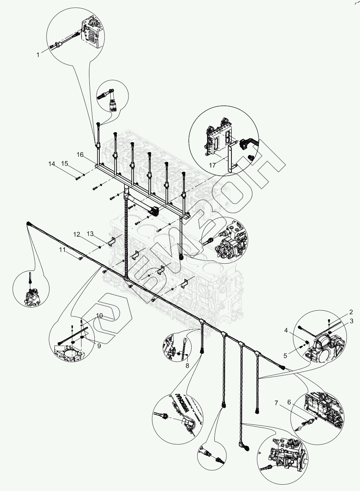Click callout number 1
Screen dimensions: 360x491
click(x=38, y=55)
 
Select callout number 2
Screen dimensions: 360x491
click(x=351, y=312)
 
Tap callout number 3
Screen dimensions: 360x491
click(x=351, y=321)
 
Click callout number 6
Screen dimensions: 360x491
click(x=289, y=402)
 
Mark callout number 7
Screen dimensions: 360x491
click(x=276, y=403)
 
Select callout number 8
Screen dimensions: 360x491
click(x=187, y=365)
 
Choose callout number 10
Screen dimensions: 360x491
click(x=99, y=316)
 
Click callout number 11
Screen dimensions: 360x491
click(x=63, y=250)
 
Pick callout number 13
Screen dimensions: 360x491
click(x=90, y=233)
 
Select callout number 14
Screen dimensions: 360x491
click(x=52, y=164)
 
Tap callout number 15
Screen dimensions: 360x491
click(x=64, y=164)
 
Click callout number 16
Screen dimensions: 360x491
click(x=80, y=155)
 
